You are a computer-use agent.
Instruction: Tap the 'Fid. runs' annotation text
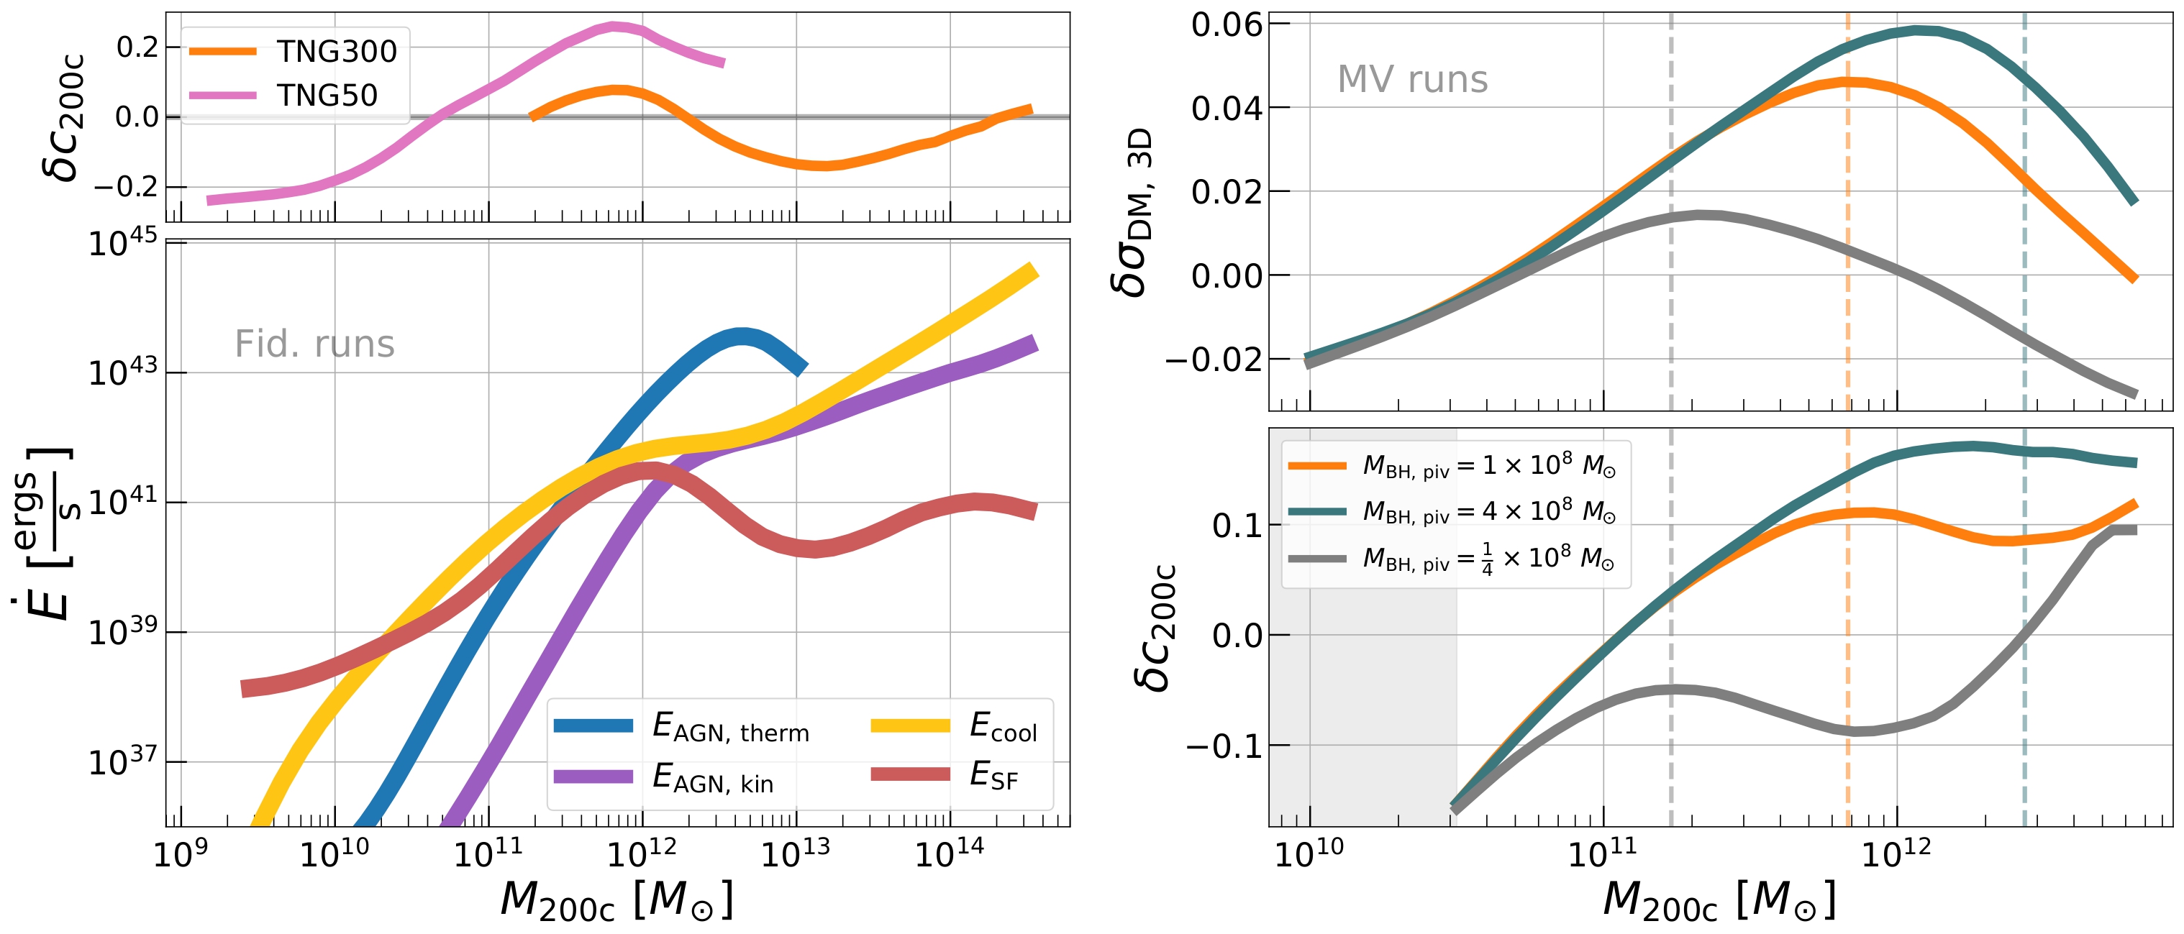(314, 344)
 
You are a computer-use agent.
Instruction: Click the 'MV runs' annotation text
(1411, 80)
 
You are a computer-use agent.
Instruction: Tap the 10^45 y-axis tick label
(123, 243)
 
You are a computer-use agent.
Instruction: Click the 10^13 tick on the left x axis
(796, 854)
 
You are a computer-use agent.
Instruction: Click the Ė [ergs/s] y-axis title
(42, 534)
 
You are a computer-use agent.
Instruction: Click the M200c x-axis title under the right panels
(1719, 900)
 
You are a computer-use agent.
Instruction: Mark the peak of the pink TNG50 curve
(614, 27)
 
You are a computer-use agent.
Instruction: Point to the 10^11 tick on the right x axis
(1603, 854)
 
